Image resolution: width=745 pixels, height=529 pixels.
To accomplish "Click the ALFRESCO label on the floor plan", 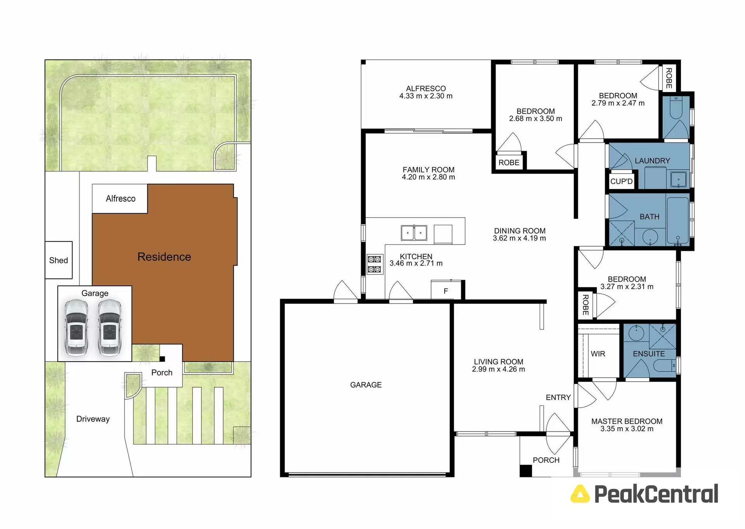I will click(x=426, y=89).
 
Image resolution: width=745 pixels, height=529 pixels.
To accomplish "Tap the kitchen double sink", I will click(x=414, y=233).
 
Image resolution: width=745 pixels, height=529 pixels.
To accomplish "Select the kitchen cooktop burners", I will click(x=374, y=264).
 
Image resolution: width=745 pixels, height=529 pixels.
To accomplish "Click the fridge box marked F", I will click(x=446, y=291).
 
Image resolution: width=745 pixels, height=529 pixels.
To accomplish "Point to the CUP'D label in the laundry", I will click(x=621, y=181).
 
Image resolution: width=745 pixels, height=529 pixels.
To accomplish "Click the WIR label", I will click(x=598, y=354).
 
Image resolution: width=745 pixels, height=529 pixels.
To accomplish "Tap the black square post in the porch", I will click(x=525, y=471).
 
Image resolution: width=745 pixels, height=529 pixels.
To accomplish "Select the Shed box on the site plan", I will click(x=59, y=260).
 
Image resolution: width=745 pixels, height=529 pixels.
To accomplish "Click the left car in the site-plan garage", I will click(x=76, y=327).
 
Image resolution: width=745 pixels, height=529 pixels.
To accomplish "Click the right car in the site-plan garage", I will click(x=109, y=327).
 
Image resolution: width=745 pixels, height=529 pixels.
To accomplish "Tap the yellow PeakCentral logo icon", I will click(x=580, y=494).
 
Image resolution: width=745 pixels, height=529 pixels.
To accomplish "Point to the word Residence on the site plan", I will click(x=164, y=257).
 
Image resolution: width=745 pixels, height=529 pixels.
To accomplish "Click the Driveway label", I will click(x=93, y=419).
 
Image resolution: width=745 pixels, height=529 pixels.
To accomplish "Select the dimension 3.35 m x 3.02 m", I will click(x=627, y=429).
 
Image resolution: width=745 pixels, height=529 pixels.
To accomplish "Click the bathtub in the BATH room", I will click(x=677, y=220).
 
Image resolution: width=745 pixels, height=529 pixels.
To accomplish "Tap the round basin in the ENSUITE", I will click(x=636, y=333).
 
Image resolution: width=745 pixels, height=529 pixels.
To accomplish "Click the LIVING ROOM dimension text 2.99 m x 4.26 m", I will click(x=498, y=369).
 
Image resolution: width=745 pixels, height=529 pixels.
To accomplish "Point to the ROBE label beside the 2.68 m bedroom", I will click(x=509, y=163).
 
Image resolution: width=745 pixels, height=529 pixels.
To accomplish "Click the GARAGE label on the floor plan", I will click(x=366, y=385).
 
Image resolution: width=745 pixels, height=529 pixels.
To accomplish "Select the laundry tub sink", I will click(x=678, y=180).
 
